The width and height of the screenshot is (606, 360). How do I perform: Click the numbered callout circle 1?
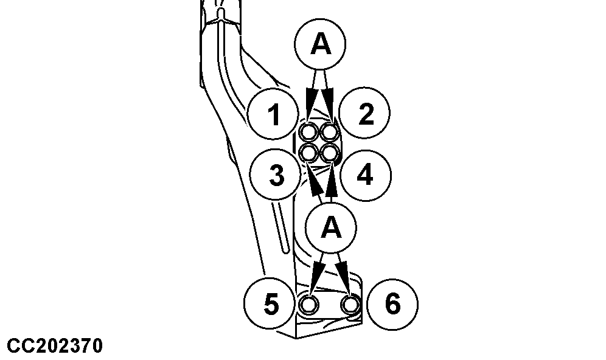point(273,114)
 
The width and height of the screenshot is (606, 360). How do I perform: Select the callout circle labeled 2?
point(365,112)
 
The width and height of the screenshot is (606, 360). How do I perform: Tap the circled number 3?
point(275,174)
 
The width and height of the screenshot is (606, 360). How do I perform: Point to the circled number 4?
point(366,175)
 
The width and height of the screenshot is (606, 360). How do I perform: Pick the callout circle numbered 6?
point(392,305)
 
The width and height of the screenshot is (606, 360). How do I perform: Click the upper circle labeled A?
point(320,44)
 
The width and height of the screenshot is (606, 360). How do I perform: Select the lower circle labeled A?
point(331,228)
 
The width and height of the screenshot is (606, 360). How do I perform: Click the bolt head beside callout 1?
point(309,133)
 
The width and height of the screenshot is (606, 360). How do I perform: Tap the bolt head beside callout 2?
point(330,133)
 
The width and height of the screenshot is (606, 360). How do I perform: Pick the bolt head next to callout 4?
point(330,153)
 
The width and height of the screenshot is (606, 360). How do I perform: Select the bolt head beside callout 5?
point(309,305)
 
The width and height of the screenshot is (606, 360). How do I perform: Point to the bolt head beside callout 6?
point(350,305)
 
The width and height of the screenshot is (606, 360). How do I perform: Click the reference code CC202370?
point(55,346)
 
